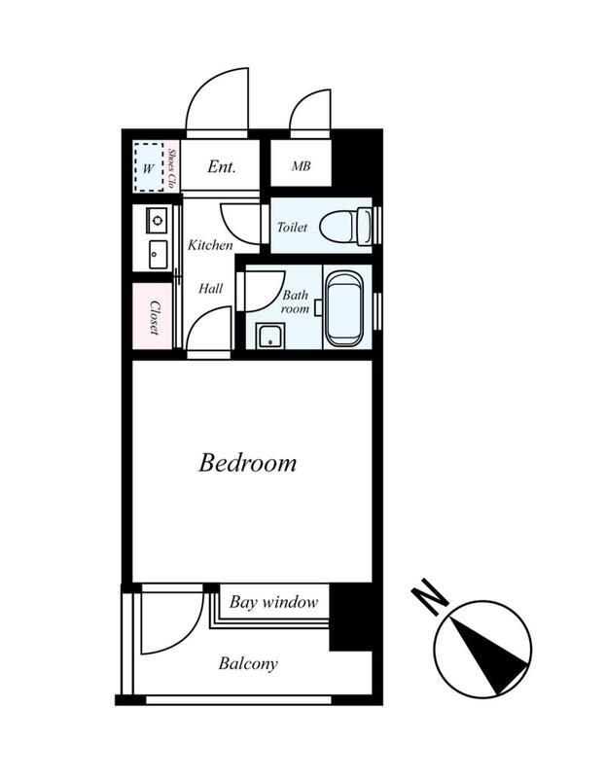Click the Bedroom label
pyautogui.click(x=247, y=463)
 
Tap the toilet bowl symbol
pyautogui.click(x=345, y=227)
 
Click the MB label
pyautogui.click(x=302, y=166)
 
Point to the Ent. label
pyautogui.click(x=222, y=166)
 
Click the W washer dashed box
pyautogui.click(x=149, y=167)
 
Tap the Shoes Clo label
pyautogui.click(x=172, y=168)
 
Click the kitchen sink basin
pyautogui.click(x=158, y=255)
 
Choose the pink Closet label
pyautogui.click(x=155, y=318)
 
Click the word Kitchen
pyautogui.click(x=210, y=245)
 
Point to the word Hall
pyautogui.click(x=210, y=288)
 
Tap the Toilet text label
pyautogui.click(x=292, y=228)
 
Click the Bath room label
pyautogui.click(x=295, y=301)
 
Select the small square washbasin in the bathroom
pyautogui.click(x=270, y=336)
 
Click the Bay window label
pyautogui.click(x=273, y=602)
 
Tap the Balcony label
pyautogui.click(x=248, y=663)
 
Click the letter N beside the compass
pyautogui.click(x=429, y=597)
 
